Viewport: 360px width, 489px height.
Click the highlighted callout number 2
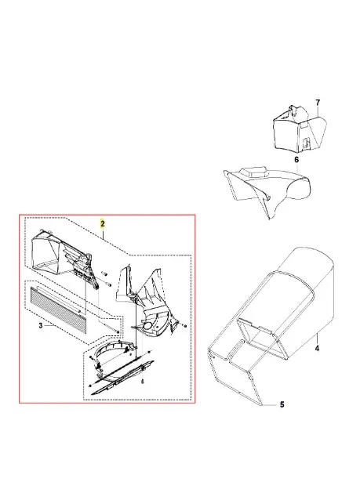[x=103, y=223]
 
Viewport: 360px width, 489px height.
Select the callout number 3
[x=41, y=325]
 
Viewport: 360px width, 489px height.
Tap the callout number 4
[x=317, y=348]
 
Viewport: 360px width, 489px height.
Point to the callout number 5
[x=282, y=404]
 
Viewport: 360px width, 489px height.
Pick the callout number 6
[x=296, y=160]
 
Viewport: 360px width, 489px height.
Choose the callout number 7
[x=318, y=103]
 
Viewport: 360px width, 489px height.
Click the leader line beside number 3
[x=50, y=325]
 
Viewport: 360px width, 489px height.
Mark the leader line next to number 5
[x=270, y=405]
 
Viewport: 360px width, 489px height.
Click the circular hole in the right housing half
[x=147, y=326]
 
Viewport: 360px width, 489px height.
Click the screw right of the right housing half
[x=185, y=326]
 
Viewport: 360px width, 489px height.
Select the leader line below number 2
[x=103, y=234]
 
